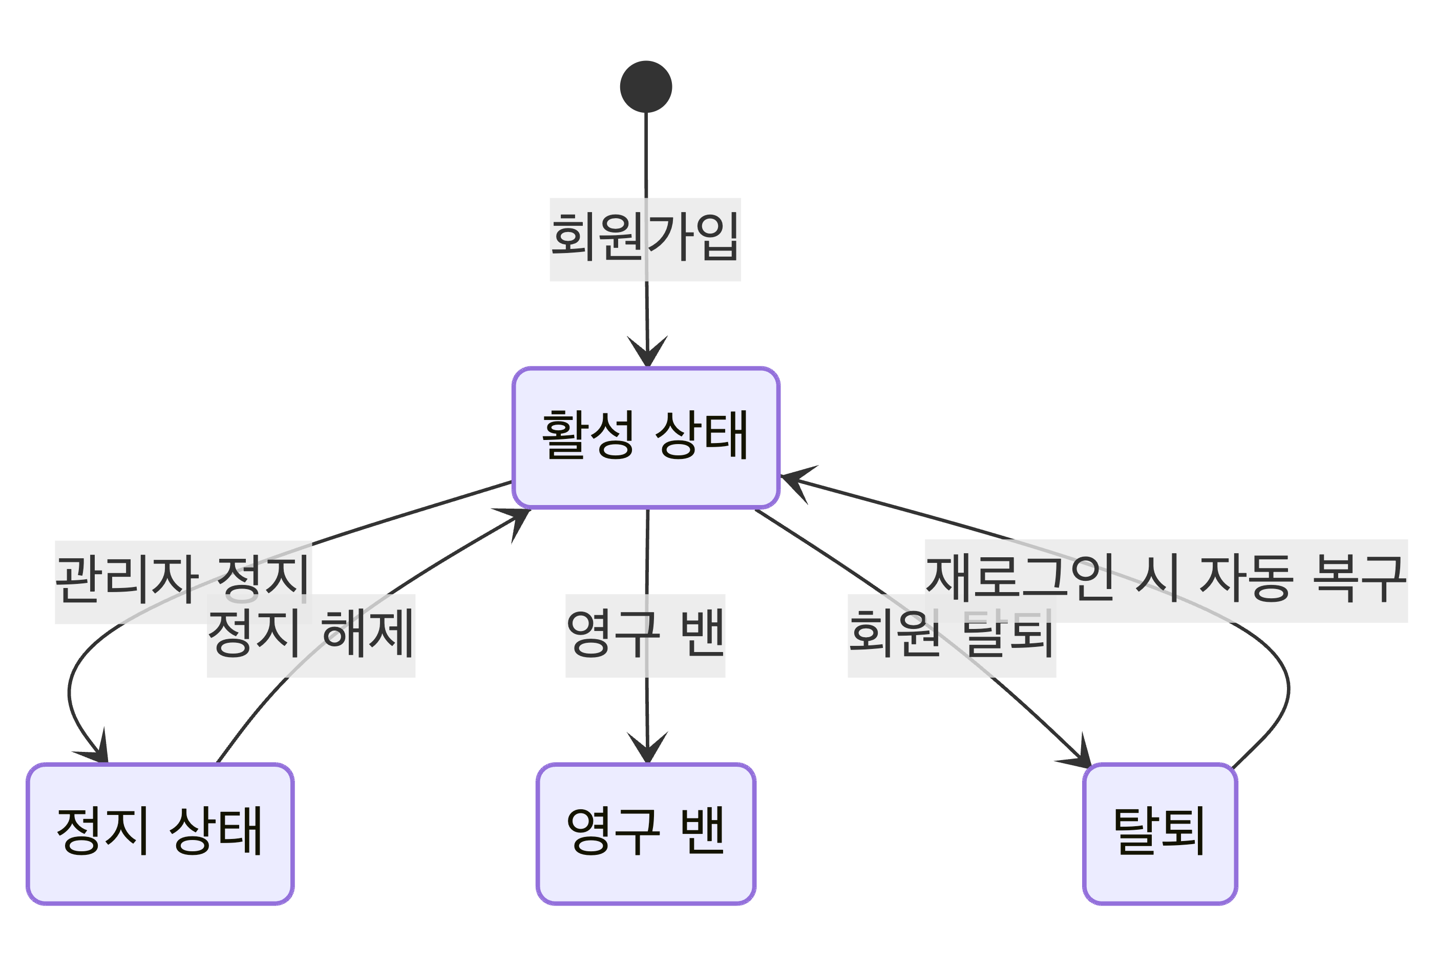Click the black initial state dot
(646, 87)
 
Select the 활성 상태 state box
(646, 437)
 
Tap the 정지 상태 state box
(160, 833)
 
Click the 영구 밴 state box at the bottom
(646, 833)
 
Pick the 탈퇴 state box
(1160, 833)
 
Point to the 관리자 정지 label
(183, 581)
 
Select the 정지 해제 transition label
(311, 635)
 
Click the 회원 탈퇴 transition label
(952, 635)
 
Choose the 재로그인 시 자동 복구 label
(1166, 580)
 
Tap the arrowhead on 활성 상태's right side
(796, 480)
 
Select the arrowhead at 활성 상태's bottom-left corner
(516, 520)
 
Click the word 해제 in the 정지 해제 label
(367, 635)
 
